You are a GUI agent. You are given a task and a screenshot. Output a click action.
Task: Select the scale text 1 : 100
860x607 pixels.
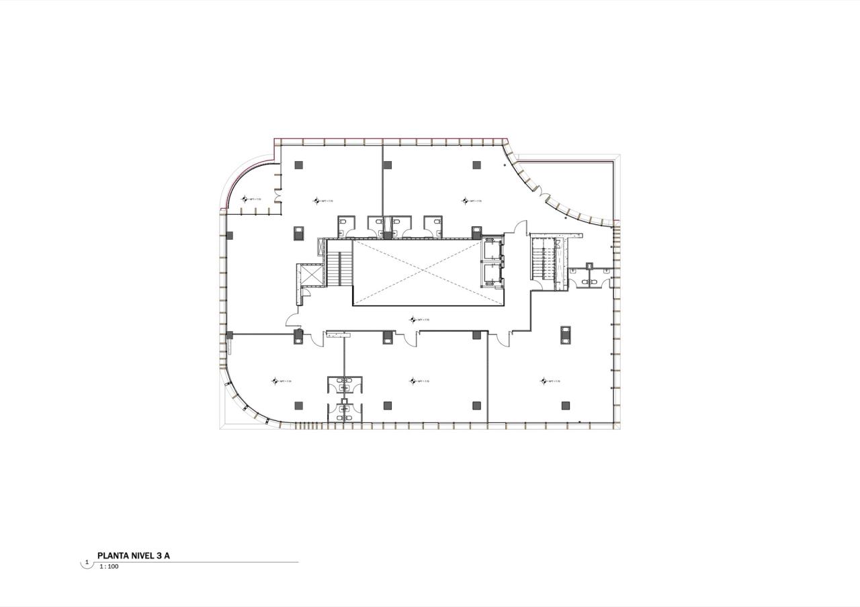click(109, 567)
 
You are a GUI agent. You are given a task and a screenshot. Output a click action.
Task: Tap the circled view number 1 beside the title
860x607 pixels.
click(87, 562)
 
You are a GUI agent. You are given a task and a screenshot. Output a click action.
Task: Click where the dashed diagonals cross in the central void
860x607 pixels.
click(429, 272)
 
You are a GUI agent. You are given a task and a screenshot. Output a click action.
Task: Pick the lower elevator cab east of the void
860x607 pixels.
click(492, 274)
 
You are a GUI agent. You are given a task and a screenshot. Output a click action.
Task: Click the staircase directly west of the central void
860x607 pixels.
click(339, 268)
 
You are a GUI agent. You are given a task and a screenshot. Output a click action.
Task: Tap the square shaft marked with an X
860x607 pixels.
click(312, 275)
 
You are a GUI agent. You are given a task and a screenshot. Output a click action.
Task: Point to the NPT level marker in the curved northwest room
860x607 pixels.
click(251, 199)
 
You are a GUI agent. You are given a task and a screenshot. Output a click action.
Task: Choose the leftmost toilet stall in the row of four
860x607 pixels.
click(346, 226)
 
